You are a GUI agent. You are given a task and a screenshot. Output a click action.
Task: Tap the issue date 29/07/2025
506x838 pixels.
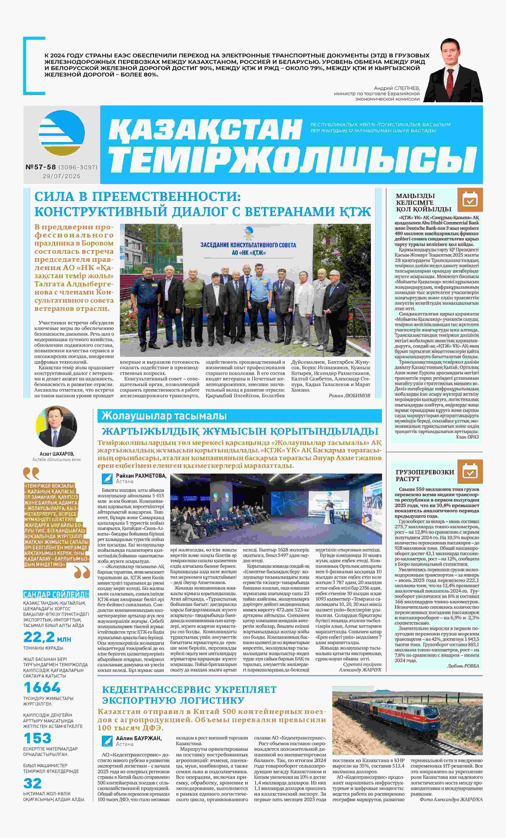(x=61, y=176)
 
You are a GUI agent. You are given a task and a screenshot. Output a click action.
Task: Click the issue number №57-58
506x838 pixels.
(x=41, y=167)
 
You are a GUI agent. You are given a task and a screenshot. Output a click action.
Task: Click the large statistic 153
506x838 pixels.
(x=37, y=738)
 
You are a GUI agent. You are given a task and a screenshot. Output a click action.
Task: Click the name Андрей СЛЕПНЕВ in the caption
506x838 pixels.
(x=397, y=88)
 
